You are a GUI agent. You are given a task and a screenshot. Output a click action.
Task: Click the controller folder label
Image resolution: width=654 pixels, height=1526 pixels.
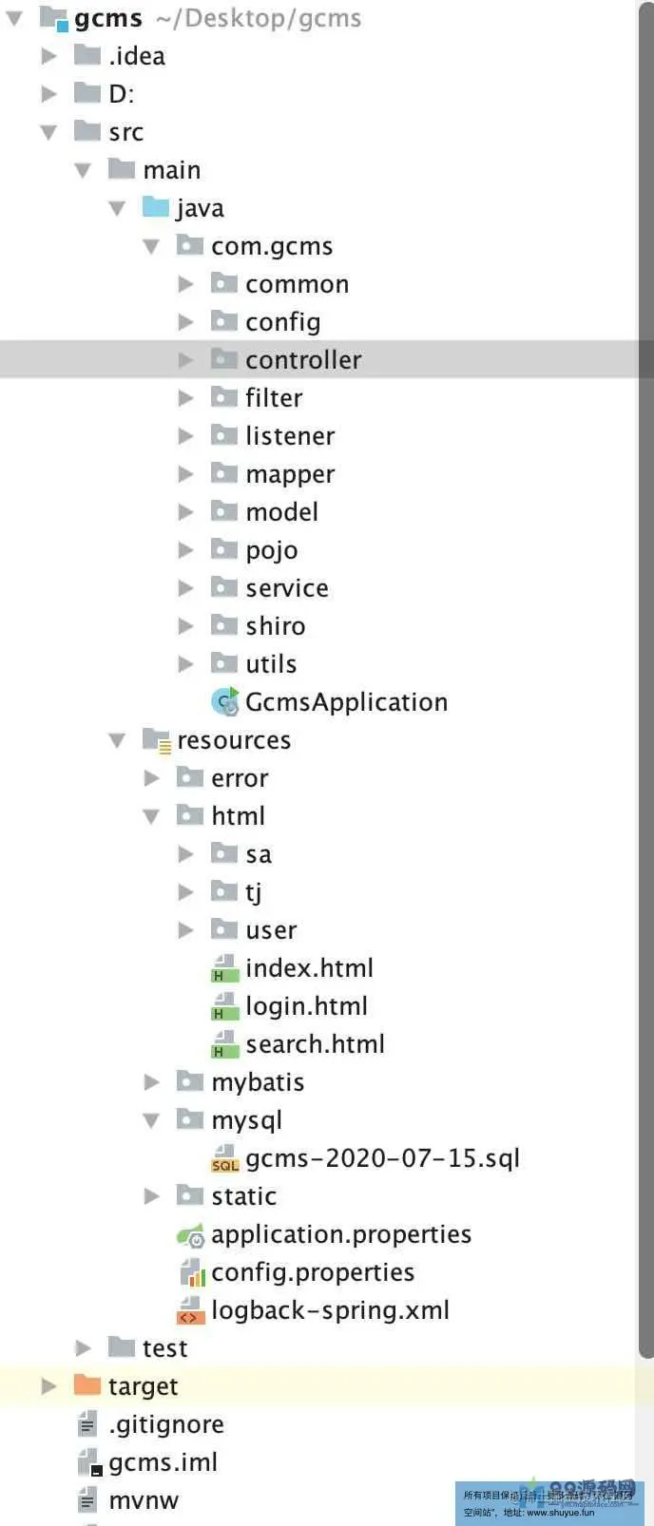pos(303,360)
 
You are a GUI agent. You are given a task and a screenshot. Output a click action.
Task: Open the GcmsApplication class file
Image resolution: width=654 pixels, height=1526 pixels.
pos(346,702)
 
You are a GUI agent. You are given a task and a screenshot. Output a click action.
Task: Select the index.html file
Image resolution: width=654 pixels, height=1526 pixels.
pos(309,968)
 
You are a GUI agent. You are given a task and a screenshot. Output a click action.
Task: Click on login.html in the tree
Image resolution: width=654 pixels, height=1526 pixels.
pos(306,1006)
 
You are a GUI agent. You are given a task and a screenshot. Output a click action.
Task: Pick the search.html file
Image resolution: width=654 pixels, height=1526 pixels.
pos(315,1044)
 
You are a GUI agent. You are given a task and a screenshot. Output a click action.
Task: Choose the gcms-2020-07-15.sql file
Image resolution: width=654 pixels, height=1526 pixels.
pos(382,1158)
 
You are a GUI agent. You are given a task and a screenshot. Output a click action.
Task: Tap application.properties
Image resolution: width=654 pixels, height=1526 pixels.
pos(341,1234)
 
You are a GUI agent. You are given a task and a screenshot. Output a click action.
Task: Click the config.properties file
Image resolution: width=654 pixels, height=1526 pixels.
pos(313,1272)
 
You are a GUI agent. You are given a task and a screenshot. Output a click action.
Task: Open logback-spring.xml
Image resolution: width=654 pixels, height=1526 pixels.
pos(330,1310)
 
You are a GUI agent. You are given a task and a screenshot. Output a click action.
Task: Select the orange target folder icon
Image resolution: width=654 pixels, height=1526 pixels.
pos(87,1385)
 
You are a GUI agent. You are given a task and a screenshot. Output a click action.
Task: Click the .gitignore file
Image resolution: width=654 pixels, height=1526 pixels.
pos(166,1424)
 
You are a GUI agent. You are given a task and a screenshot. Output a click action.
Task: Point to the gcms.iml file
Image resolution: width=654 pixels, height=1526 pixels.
pos(163,1462)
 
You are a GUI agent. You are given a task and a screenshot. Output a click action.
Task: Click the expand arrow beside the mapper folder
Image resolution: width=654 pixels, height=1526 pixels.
pos(186,474)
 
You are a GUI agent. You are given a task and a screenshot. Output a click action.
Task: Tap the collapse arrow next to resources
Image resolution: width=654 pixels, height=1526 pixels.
pos(118,740)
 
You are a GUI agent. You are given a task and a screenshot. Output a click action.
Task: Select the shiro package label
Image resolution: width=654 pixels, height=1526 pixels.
pos(276,626)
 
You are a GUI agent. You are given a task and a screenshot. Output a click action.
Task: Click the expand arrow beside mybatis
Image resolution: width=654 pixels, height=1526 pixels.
pos(152,1082)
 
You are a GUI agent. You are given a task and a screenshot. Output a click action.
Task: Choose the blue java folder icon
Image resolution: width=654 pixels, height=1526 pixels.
pos(156,207)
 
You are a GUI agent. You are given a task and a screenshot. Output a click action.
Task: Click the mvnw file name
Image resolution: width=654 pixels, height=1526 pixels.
pos(144,1500)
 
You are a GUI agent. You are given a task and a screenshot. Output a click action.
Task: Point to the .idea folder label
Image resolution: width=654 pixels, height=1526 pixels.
pos(137,56)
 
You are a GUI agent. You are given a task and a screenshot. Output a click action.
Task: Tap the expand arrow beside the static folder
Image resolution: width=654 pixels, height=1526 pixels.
pos(152,1196)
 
